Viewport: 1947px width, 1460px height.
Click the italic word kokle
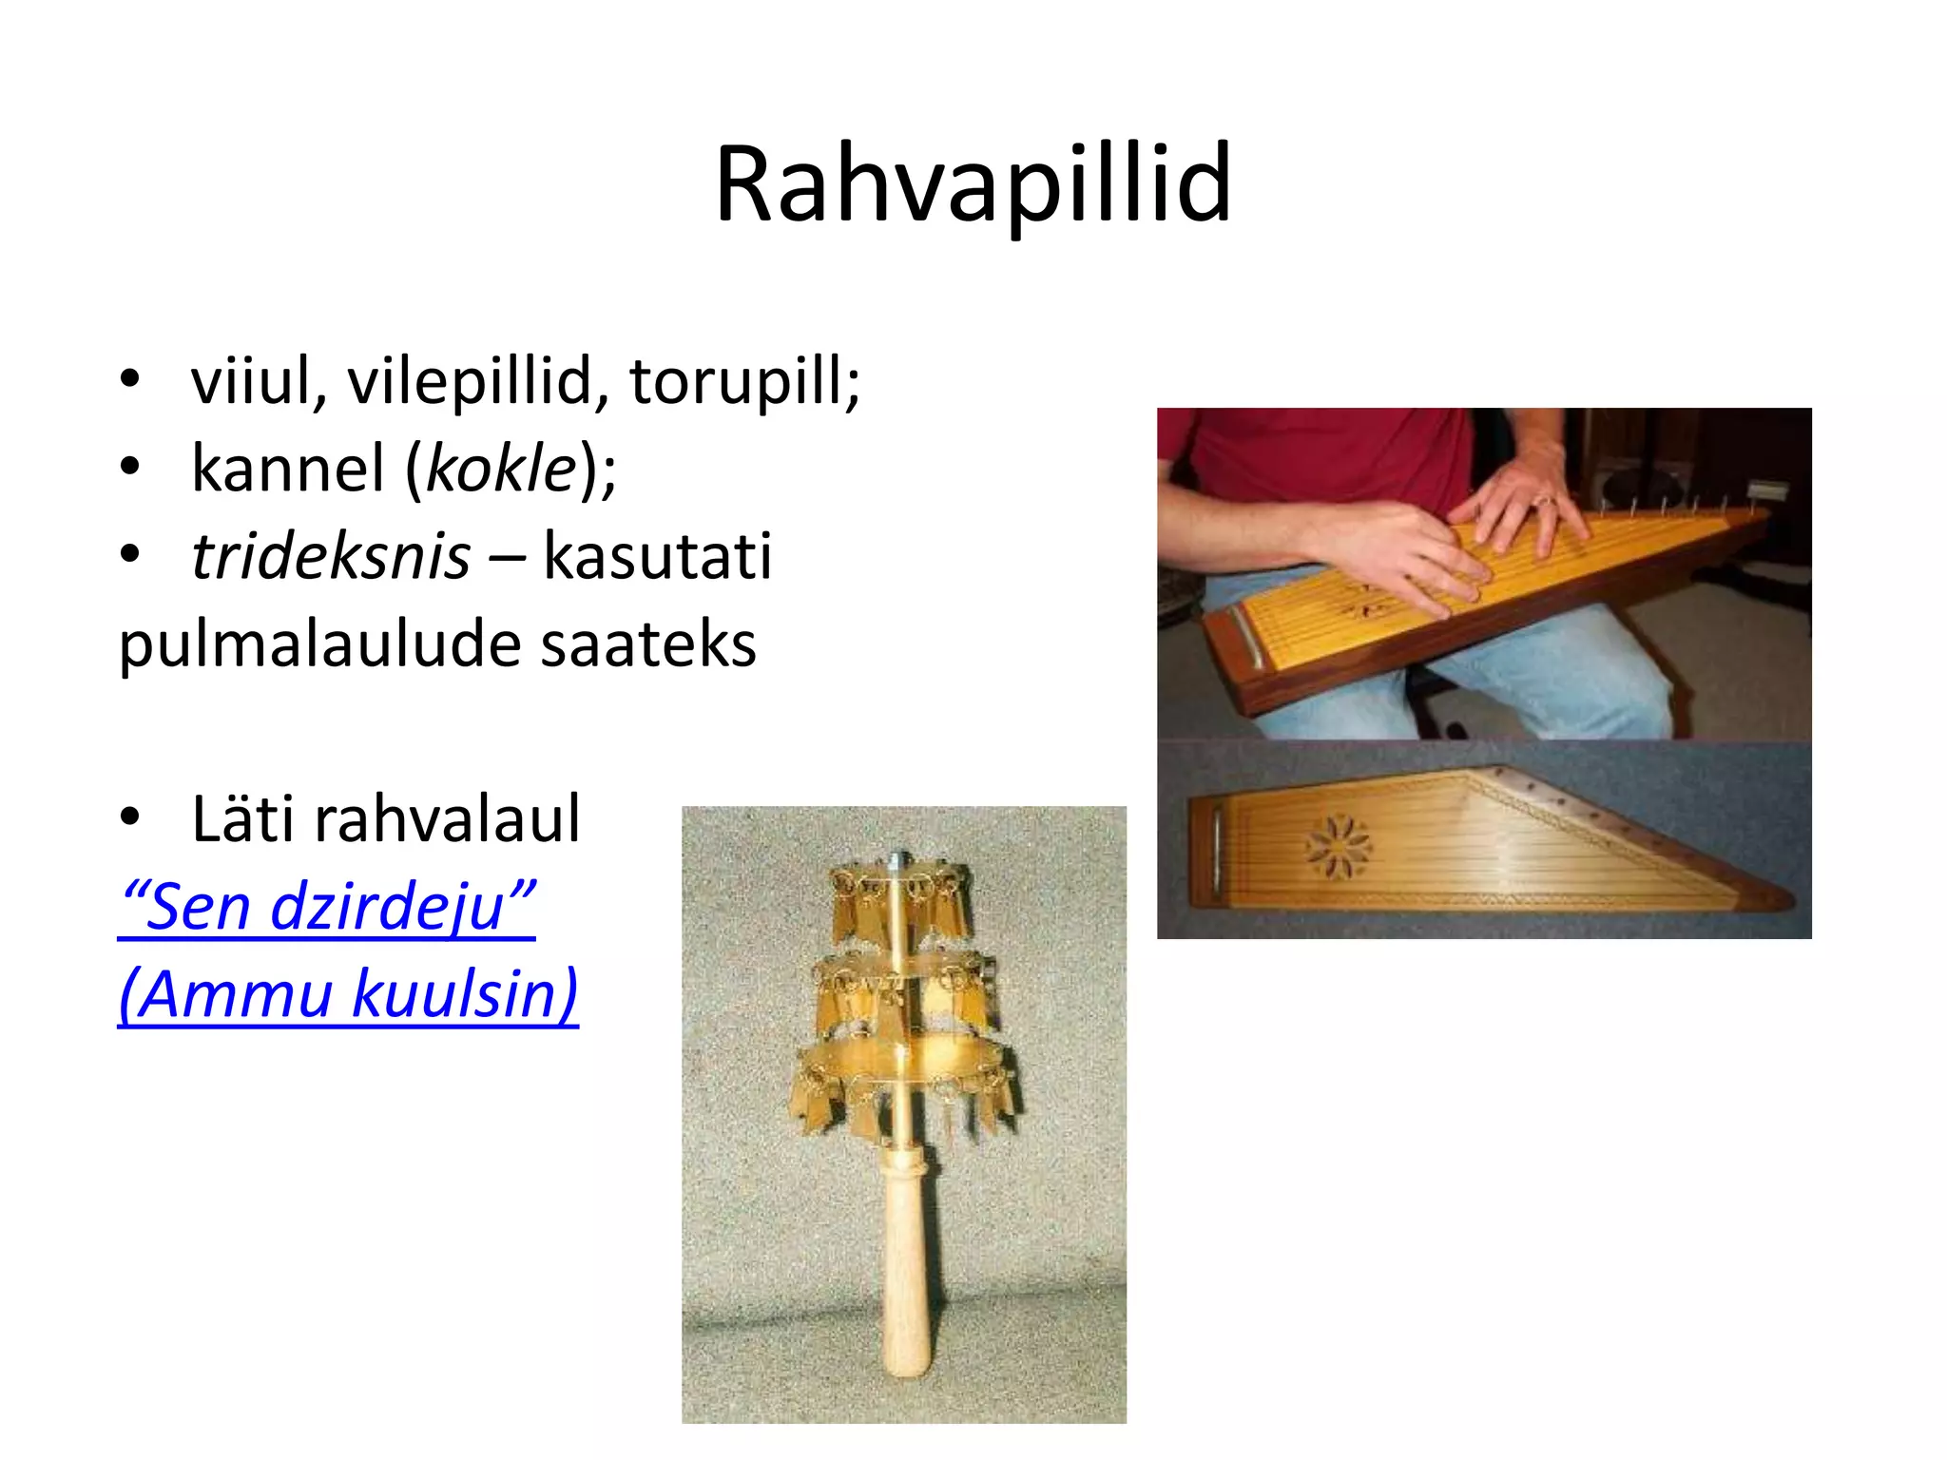pyautogui.click(x=502, y=469)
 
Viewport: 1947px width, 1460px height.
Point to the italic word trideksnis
pyautogui.click(x=330, y=556)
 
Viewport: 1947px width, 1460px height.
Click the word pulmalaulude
pyautogui.click(x=319, y=645)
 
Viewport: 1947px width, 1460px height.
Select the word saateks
pyautogui.click(x=648, y=644)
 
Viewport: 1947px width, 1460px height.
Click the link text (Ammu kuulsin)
pyautogui.click(x=348, y=993)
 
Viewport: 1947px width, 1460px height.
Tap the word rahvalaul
pyautogui.click(x=447, y=818)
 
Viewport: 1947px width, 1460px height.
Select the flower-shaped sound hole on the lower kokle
pyautogui.click(x=1338, y=845)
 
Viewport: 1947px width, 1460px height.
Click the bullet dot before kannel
pyautogui.click(x=130, y=468)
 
